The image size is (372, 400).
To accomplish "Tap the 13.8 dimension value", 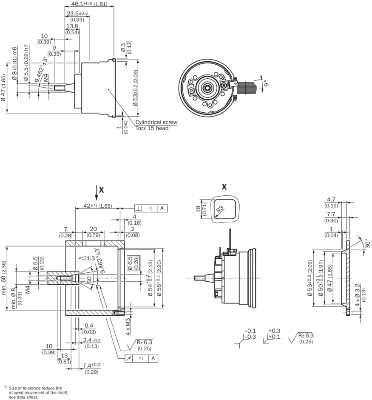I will [72, 26].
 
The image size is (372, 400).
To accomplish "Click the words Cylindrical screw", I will [156, 122].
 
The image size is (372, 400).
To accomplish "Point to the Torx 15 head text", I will [152, 128].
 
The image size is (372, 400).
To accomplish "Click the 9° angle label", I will [265, 83].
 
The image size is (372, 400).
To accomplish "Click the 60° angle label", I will [90, 280].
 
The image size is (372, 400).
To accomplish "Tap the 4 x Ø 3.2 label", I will [358, 294].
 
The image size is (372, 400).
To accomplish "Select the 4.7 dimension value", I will [332, 199].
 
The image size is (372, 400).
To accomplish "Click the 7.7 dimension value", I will [332, 214].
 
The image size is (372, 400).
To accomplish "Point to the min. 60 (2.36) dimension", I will [4, 279].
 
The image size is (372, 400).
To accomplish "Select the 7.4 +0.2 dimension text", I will [91, 366].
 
